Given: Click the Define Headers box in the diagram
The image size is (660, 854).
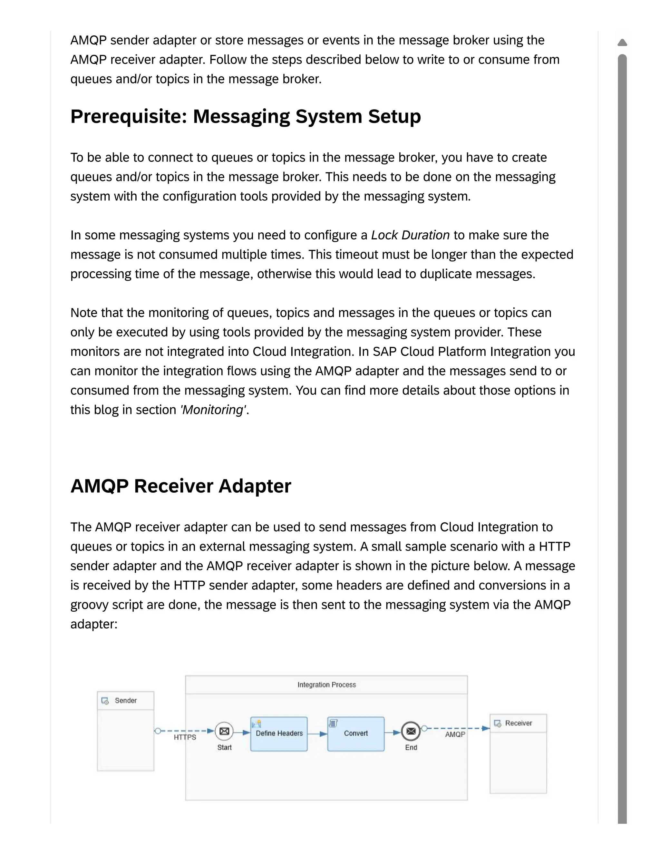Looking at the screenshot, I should click(279, 733).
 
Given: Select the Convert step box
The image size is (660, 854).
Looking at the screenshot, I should click(356, 733).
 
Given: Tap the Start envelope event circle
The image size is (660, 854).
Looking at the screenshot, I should click(224, 731).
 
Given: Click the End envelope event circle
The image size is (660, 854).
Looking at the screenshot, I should click(411, 731).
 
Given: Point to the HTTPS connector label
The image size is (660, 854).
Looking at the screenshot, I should click(185, 737).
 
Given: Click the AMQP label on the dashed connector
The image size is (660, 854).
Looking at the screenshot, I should click(455, 734).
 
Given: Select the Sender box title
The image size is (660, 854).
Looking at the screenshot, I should click(125, 700).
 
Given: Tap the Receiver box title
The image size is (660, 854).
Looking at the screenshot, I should click(519, 723).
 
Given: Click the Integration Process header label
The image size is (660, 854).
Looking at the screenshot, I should click(326, 685).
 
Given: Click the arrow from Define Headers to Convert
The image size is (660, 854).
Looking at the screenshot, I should click(317, 734).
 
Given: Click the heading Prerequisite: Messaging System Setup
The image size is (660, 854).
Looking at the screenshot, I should click(246, 117).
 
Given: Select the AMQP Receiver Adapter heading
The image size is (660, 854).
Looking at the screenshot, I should click(181, 486).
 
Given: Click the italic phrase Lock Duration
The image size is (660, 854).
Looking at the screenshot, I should click(410, 235).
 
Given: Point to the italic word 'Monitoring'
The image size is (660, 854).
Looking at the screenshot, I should click(213, 410).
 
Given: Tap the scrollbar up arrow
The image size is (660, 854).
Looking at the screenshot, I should click(622, 42).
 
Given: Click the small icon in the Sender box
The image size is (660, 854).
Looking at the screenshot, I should click(105, 701).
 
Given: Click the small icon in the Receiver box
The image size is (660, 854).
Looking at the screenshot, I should click(497, 723).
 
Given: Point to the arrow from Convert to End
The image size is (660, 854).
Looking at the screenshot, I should click(393, 733).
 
